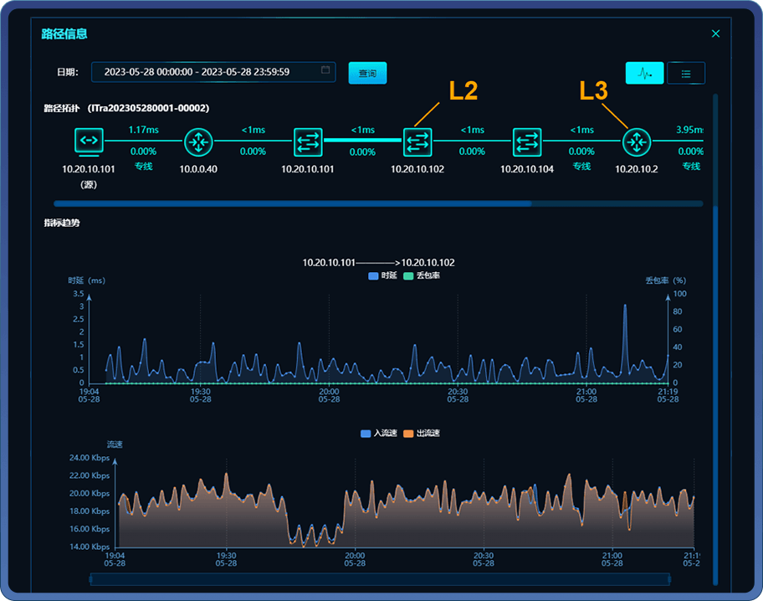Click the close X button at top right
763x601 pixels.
click(x=715, y=34)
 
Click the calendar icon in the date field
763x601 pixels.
click(x=326, y=70)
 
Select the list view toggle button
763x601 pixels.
click(x=686, y=74)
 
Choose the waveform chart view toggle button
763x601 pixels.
click(x=644, y=74)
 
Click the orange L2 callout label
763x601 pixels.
click(x=463, y=91)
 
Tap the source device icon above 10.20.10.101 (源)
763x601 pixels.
click(x=90, y=141)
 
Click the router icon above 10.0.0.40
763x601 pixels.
click(x=198, y=141)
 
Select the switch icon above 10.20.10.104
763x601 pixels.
click(x=528, y=141)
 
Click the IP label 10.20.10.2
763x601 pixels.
click(x=637, y=168)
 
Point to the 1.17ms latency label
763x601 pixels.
click(x=143, y=130)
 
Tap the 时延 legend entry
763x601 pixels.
click(x=382, y=275)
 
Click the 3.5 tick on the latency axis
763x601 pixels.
click(x=78, y=294)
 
